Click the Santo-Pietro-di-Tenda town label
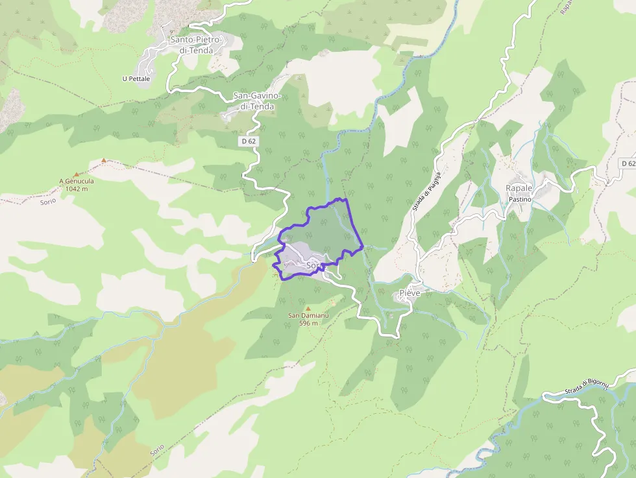pos(196,45)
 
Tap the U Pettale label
pos(136,79)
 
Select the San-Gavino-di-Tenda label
pos(258,101)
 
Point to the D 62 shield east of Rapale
pos(628,163)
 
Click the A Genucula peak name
pos(77,182)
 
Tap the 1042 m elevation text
pos(77,189)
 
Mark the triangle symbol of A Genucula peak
pos(77,174)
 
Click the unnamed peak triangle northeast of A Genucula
pos(103,160)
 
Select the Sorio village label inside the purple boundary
pos(314,265)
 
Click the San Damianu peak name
pos(308,316)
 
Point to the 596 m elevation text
pos(308,323)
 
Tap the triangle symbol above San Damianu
pos(308,308)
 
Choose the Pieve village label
pos(410,293)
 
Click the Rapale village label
pos(519,188)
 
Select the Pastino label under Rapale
pos(519,199)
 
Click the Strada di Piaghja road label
pos(426,190)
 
